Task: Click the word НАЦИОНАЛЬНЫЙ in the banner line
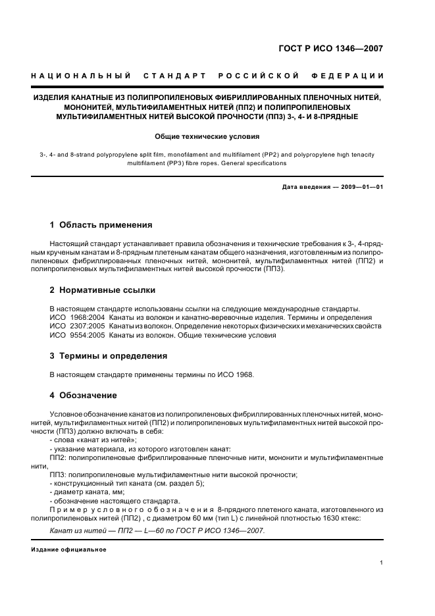80,76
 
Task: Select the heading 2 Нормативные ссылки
103,290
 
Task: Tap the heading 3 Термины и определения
109,356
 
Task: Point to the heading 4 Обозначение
84,395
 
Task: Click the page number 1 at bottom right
381,562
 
